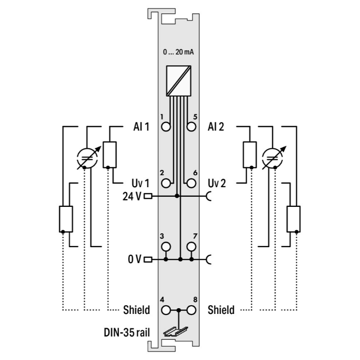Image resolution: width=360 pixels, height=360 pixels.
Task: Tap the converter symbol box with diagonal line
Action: pyautogui.click(x=179, y=79)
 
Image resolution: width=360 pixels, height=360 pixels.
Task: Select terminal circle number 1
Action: pyautogui.click(x=166, y=127)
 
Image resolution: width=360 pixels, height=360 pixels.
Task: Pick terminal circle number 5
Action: pyautogui.click(x=191, y=127)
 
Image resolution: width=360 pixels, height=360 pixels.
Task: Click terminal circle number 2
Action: pyautogui.click(x=166, y=183)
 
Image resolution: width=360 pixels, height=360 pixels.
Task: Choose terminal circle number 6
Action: pyautogui.click(x=191, y=183)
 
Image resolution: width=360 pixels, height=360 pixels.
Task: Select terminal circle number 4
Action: pyautogui.click(x=166, y=310)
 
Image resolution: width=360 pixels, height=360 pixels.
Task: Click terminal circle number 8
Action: pyautogui.click(x=191, y=310)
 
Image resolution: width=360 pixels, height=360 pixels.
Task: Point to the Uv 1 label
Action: pyautogui.click(x=141, y=183)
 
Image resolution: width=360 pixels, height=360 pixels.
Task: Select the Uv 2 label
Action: pyautogui.click(x=219, y=183)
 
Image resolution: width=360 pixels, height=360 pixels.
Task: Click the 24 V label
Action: pyautogui.click(x=132, y=196)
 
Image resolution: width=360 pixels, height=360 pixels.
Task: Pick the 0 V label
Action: pyautogui.click(x=135, y=260)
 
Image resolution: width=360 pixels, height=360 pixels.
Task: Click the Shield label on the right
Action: pyautogui.click(x=221, y=310)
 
